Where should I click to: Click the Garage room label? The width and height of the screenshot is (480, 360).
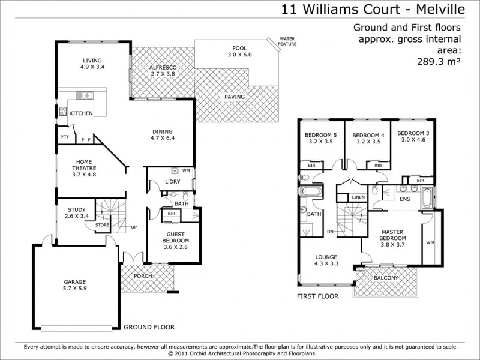pyautogui.click(x=75, y=285)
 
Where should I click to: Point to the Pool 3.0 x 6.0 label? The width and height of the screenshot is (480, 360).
pyautogui.click(x=239, y=52)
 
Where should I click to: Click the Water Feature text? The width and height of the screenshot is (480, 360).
pyautogui.click(x=287, y=41)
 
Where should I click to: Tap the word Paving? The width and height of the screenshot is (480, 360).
pyautogui.click(x=234, y=97)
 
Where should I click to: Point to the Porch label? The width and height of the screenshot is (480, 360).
pyautogui.click(x=143, y=276)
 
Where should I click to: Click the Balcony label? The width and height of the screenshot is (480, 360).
pyautogui.click(x=386, y=278)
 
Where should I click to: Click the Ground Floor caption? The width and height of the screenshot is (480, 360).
pyautogui.click(x=149, y=328)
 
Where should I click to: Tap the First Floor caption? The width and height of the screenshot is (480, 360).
pyautogui.click(x=317, y=296)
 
